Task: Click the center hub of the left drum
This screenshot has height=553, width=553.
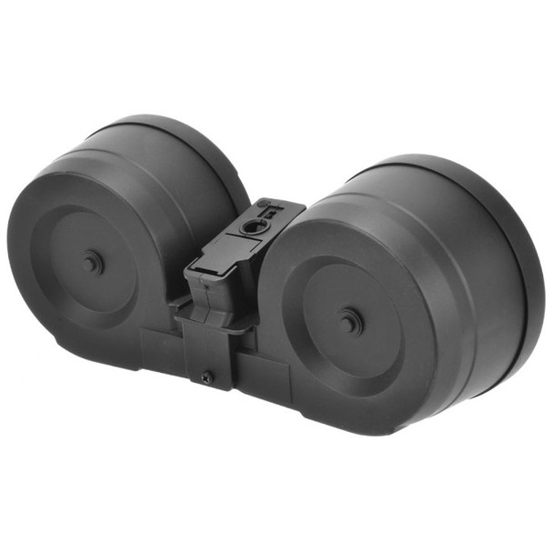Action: (x=92, y=264)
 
